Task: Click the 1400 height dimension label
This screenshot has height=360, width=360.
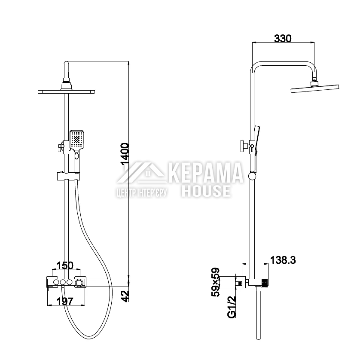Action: point(125,154)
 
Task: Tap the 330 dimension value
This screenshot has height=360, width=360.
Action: point(283,39)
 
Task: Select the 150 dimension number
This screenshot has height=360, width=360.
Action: point(65,265)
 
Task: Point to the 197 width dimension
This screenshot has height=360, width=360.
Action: point(65,302)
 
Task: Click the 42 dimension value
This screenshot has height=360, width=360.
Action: point(125,296)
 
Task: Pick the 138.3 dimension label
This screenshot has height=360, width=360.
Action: point(283,260)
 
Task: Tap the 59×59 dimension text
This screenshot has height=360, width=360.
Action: point(216,282)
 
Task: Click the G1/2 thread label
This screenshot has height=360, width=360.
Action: point(232,307)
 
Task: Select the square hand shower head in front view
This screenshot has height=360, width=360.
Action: point(77,140)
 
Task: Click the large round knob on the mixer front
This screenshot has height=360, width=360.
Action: point(79,283)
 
